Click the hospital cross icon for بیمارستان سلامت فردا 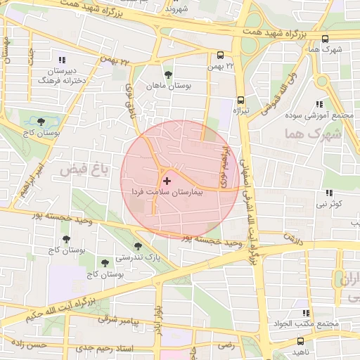pyautogui.click(x=167, y=181)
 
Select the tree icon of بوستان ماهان pyautogui.click(x=168, y=75)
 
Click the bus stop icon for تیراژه pyautogui.click(x=241, y=100)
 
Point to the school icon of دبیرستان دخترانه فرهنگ pyautogui.click(x=63, y=60)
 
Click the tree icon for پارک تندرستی pyautogui.click(x=138, y=247)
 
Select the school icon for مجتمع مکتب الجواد pyautogui.click(x=305, y=313)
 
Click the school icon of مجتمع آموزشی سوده pyautogui.click(x=323, y=103)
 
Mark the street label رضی pyautogui.click(x=226, y=345)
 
